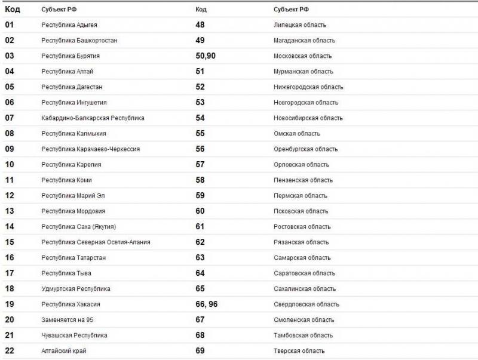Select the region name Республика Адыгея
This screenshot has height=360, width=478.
coord(69,25)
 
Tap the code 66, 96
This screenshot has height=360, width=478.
coord(206,304)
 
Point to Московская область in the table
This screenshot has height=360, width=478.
coord(302,56)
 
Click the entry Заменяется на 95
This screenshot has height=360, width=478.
coord(68,320)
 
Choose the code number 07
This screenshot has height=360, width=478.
coord(10,118)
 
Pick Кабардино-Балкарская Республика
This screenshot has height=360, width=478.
coord(93,118)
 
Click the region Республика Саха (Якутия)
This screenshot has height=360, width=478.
coord(78,227)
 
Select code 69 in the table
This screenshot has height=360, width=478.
coord(200,351)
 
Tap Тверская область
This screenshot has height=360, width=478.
coord(299,351)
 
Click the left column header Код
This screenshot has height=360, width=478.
coord(12,10)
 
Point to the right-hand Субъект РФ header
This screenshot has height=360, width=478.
coord(291,10)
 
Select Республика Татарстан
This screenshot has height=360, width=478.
coord(73,258)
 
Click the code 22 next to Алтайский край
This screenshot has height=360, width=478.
coord(10,351)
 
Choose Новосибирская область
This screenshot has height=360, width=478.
coord(308,118)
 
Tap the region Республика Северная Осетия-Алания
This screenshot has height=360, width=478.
coord(96,242)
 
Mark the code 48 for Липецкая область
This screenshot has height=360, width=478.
coord(200,25)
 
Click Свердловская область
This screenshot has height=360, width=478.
coord(307,304)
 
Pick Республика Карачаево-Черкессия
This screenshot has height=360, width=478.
coord(90,149)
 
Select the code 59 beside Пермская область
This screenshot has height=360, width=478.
coord(200,196)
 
